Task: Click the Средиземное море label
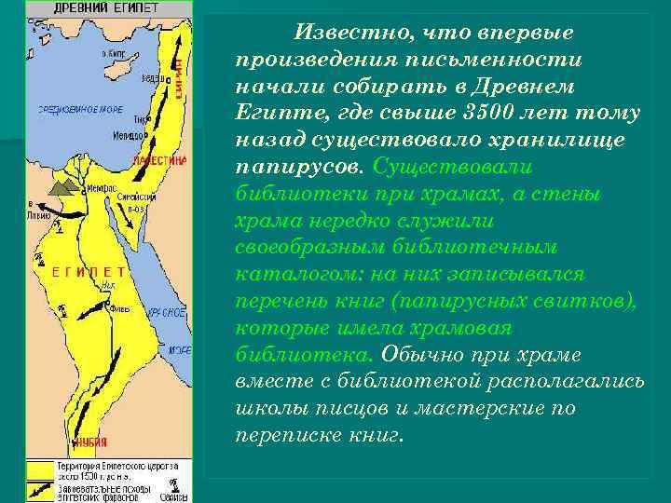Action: point(78,109)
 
